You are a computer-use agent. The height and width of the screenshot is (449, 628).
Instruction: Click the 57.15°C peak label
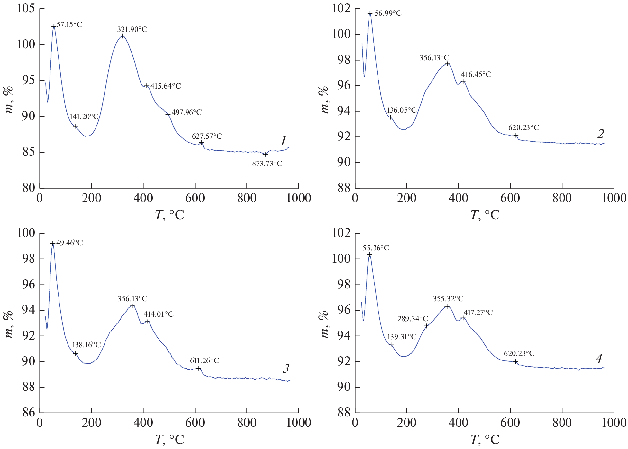(69, 25)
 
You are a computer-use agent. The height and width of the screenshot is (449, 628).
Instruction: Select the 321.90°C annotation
(132, 30)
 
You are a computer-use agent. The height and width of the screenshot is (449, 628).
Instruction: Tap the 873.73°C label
(267, 164)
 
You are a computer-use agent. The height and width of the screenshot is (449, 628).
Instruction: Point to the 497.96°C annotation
(187, 113)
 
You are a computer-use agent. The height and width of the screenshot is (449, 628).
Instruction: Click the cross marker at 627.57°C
(201, 143)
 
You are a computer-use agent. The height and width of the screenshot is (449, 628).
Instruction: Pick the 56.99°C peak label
(388, 14)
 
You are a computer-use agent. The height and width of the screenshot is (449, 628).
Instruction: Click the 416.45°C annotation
(476, 75)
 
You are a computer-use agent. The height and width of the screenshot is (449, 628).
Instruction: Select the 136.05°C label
(402, 110)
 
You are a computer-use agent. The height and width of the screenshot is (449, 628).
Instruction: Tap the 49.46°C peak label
(69, 243)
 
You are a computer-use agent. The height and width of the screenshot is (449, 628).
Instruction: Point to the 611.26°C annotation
(205, 361)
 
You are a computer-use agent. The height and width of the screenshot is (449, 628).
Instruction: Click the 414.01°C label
(159, 314)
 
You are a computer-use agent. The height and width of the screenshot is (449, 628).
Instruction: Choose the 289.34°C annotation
(413, 319)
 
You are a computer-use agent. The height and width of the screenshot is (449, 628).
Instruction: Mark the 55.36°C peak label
(376, 248)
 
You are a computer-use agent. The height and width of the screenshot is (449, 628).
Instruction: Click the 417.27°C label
(478, 313)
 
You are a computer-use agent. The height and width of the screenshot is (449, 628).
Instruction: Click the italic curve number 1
(283, 141)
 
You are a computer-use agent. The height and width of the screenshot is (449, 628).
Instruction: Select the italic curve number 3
(286, 369)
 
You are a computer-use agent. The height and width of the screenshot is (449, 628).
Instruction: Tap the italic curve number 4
(599, 359)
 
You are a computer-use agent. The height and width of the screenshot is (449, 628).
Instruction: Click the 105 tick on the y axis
(26, 8)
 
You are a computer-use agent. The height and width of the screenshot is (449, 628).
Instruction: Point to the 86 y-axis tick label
(28, 413)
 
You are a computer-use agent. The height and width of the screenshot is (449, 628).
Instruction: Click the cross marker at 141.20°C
(76, 126)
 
